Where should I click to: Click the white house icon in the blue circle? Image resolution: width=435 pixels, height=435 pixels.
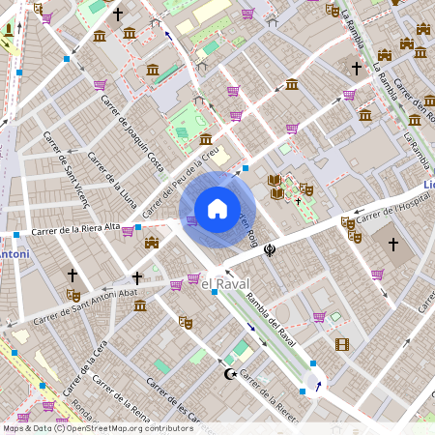point(217,208)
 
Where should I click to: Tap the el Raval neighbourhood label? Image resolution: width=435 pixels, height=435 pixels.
point(224,280)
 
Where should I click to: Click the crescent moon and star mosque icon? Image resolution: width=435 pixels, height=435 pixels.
point(230,373)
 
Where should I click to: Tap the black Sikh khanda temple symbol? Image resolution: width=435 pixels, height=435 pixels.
point(270,249)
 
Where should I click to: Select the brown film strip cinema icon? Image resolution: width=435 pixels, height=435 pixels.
point(341,344)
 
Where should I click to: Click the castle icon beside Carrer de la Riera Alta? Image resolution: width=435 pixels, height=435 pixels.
point(152,242)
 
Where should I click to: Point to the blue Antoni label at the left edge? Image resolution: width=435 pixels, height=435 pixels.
point(14,254)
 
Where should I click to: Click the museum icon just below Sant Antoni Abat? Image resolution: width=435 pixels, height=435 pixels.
point(140,305)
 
